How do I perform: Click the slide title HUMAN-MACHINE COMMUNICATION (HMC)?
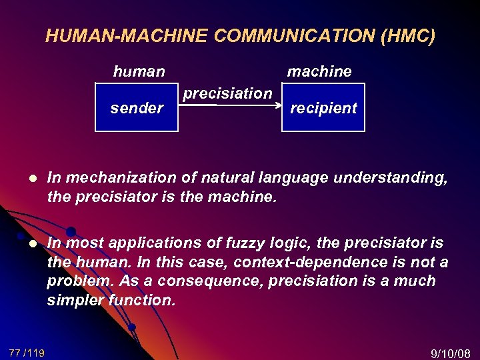[240, 36]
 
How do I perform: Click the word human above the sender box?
[139, 71]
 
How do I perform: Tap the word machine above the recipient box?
[319, 71]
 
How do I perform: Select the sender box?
[137, 107]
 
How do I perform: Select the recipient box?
[323, 107]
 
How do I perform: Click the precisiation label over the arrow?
[227, 93]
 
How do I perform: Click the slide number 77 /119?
[27, 353]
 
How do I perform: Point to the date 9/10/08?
[451, 353]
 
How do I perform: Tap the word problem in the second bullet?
[73, 281]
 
